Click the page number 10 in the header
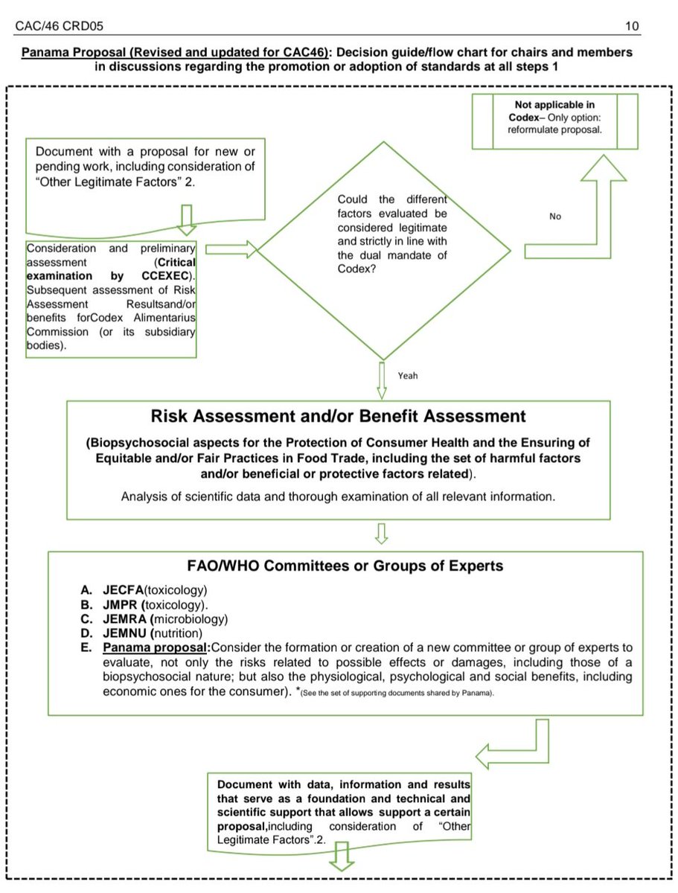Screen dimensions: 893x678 631,27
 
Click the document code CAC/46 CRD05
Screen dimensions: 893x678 59,27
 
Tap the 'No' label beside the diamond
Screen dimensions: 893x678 555,217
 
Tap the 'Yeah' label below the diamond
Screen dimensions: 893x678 407,375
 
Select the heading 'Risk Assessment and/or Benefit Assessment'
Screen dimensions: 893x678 339,416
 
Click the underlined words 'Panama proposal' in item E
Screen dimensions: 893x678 156,649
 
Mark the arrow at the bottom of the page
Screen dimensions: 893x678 342,860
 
